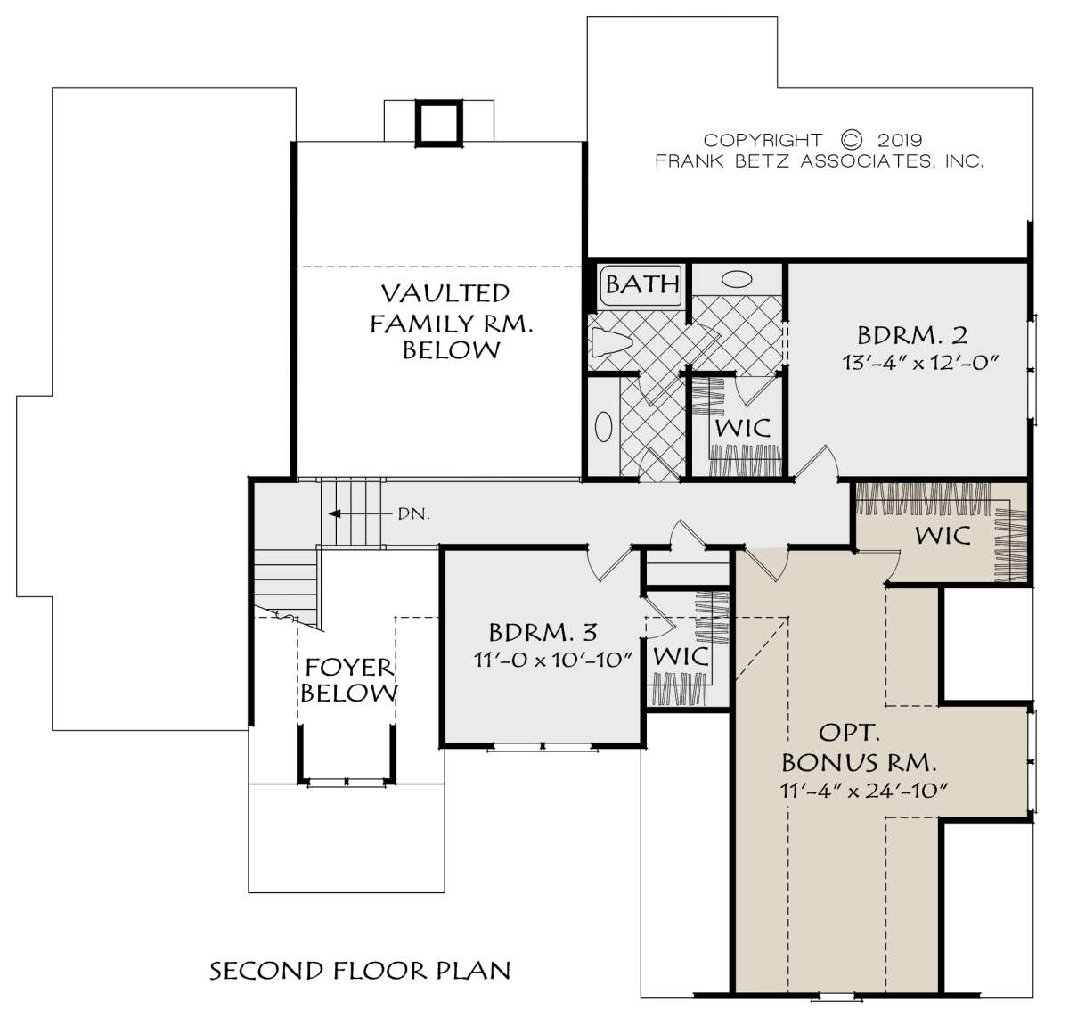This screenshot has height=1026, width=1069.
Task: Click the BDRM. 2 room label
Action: pos(912,336)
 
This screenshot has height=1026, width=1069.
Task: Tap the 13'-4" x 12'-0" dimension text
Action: pos(920,363)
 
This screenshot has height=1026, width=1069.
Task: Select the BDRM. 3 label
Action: pos(543,633)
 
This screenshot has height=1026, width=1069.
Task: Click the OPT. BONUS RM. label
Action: pos(859,747)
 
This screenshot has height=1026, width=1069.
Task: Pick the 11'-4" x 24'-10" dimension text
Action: pos(865,791)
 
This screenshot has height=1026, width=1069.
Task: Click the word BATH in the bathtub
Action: pos(642,284)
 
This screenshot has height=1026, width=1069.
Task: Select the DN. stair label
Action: pos(413,514)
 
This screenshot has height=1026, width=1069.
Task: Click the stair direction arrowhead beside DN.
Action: pos(333,513)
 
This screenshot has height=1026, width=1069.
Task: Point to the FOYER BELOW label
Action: pos(348,680)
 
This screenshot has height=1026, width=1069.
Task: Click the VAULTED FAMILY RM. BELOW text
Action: pos(452,322)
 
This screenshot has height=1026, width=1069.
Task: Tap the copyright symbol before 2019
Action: pos(852,140)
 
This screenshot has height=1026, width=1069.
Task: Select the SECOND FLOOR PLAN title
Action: pos(361,971)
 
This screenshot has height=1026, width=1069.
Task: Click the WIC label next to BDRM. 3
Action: pos(681,656)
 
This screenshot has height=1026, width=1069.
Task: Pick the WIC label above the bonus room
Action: pos(943,535)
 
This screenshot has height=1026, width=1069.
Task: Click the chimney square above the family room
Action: pos(438,123)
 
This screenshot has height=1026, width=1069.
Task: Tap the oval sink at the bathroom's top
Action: pos(737,279)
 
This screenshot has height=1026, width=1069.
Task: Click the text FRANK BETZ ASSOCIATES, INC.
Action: pos(819,161)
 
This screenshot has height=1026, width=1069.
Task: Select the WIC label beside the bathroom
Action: pos(743,428)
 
